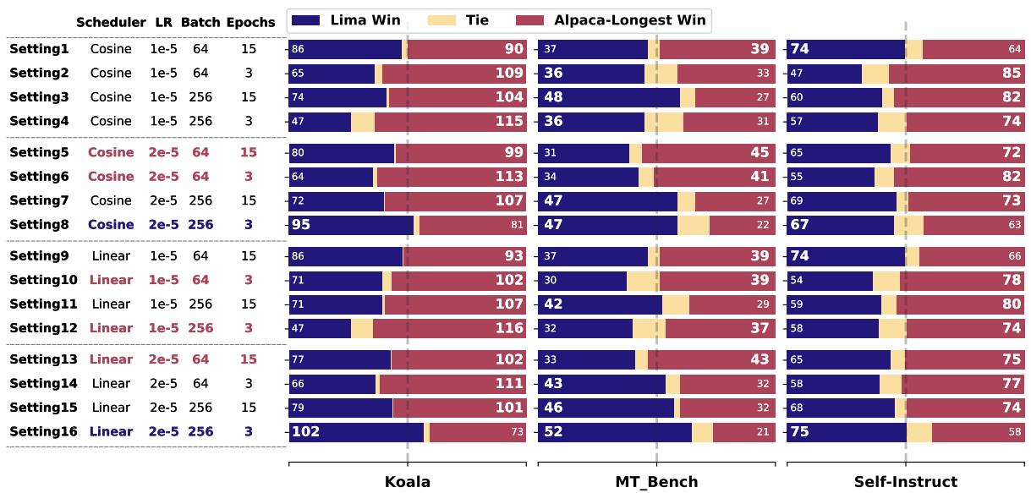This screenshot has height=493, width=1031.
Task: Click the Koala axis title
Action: (x=407, y=482)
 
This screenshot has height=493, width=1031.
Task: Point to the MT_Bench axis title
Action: (x=656, y=482)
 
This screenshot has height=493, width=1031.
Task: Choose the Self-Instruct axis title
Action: (x=905, y=482)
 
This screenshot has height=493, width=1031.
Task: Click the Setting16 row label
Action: (x=43, y=431)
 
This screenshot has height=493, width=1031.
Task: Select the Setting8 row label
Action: (x=40, y=224)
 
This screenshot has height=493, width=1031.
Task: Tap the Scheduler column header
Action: (x=111, y=23)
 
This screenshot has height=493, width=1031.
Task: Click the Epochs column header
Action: (x=250, y=23)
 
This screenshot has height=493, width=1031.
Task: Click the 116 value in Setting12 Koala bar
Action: (x=509, y=328)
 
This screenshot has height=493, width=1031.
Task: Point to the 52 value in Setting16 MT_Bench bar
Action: (x=553, y=431)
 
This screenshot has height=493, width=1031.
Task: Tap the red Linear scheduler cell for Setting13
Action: (x=111, y=359)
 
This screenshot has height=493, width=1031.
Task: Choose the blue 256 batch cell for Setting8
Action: (x=200, y=224)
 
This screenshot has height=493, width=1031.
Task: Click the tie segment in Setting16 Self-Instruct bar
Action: (x=919, y=431)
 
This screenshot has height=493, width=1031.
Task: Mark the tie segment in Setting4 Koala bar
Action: (x=362, y=121)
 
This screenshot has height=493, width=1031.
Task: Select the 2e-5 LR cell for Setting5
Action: (x=164, y=152)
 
